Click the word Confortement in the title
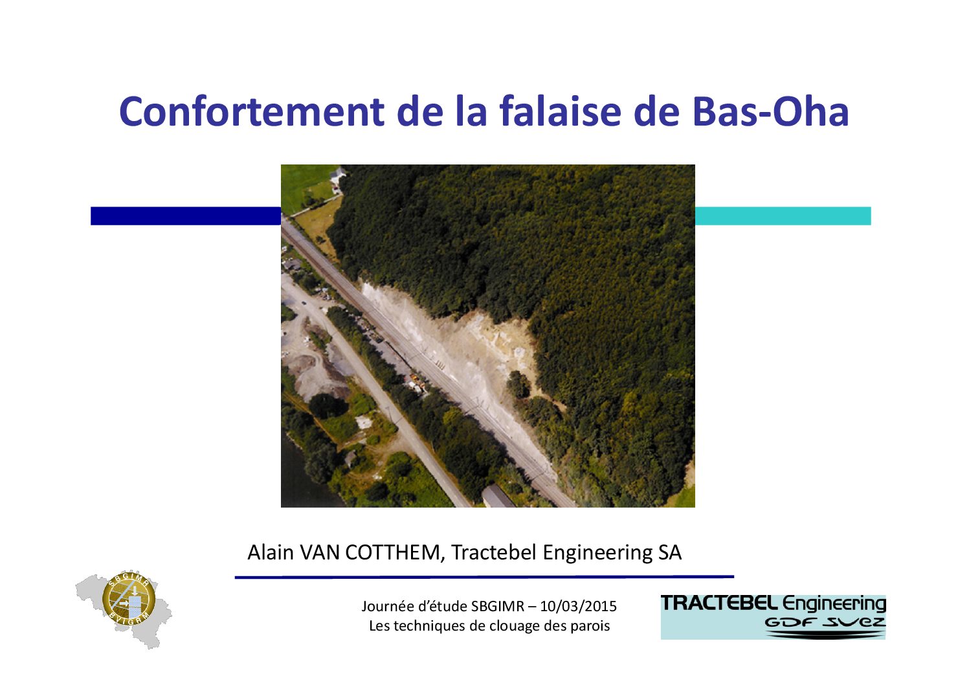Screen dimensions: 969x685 pyautogui.click(x=251, y=111)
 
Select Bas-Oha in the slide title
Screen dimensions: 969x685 pyautogui.click(x=770, y=111)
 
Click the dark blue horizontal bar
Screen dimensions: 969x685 pyautogui.click(x=186, y=216)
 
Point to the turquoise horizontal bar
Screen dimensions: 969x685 pyautogui.click(x=783, y=216)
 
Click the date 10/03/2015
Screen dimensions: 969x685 pyautogui.click(x=578, y=606)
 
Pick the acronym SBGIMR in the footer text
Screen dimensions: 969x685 pyautogui.click(x=498, y=606)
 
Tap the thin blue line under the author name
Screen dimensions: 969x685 pyautogui.click(x=484, y=577)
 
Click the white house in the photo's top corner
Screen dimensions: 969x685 pyautogui.click(x=337, y=175)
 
